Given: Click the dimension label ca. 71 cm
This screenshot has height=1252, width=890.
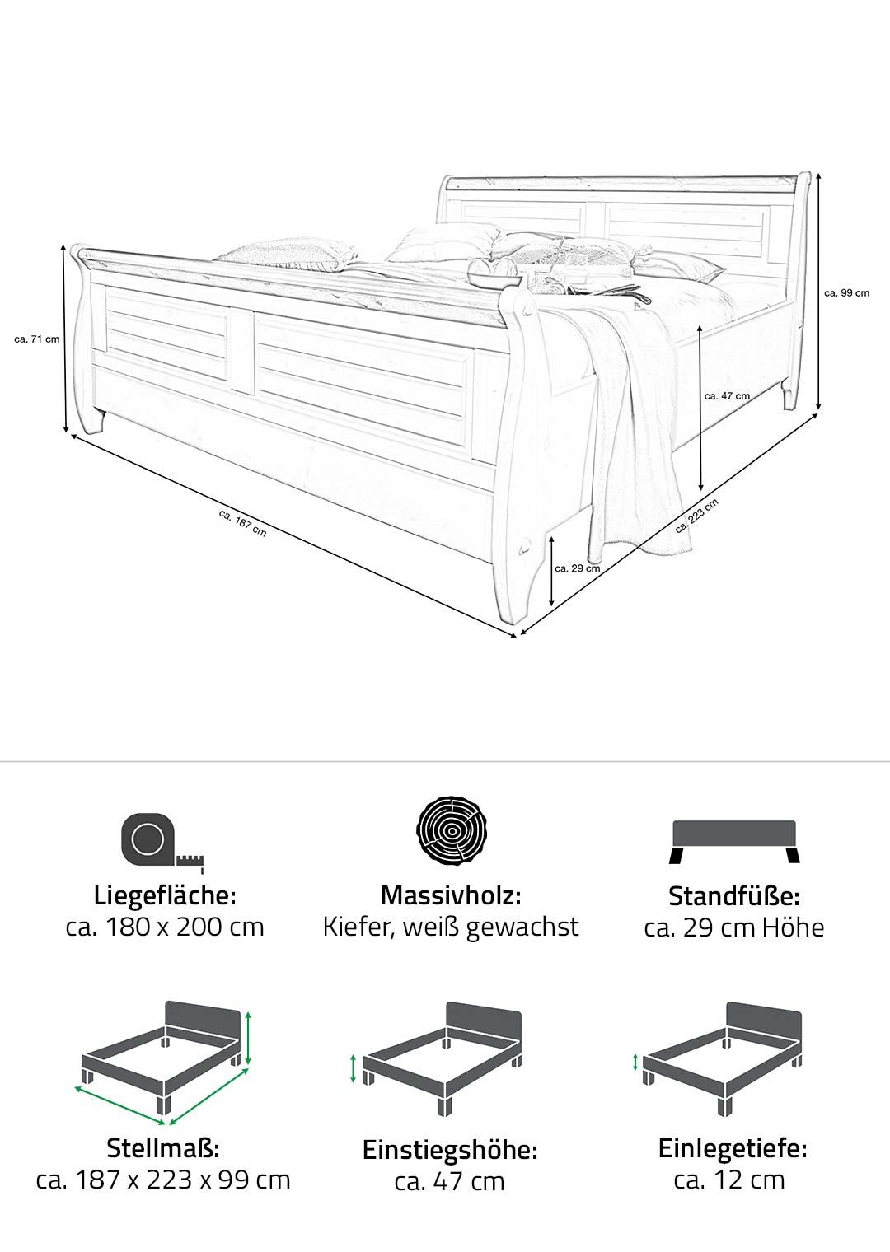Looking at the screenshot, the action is pos(37,339).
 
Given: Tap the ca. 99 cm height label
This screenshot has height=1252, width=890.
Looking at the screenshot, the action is pos(846,293).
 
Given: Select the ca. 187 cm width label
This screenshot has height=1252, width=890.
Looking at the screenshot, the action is pos(243,523).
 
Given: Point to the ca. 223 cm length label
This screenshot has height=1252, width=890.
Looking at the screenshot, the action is pos(696,516).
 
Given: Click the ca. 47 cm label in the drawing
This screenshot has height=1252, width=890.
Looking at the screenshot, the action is pos(727,395).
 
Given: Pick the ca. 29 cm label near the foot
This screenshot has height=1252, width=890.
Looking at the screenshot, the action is pos(577,568).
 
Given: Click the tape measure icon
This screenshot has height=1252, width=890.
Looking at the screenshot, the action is pos(162,843).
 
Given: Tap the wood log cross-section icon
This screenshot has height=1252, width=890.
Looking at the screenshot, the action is pos(452,830).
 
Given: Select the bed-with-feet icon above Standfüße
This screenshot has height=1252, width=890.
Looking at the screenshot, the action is pos(734,843).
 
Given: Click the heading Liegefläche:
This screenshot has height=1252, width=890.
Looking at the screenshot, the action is pos(165,895).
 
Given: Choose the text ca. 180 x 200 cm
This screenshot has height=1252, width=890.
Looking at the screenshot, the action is pos(165,927).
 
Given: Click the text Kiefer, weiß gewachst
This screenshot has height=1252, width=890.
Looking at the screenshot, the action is pos(451,927).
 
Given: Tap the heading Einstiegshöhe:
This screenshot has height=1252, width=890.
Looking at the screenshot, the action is pos(450,1150).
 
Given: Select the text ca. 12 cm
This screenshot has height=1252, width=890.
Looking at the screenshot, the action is pos(729,1180).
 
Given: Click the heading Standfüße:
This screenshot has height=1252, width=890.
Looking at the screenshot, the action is pos(734,896).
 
